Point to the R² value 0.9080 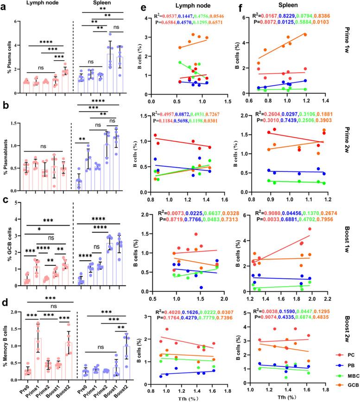pyautogui.click(x=279, y=201)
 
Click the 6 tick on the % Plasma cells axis pyautogui.click(x=16, y=22)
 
